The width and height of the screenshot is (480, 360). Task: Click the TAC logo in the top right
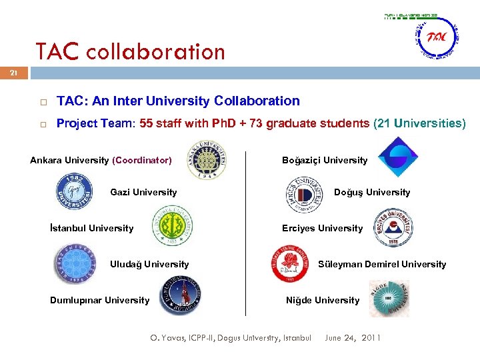(x=437, y=39)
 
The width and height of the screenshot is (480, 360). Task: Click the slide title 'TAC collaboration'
(x=130, y=51)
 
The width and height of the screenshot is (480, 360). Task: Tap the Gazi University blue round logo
(x=75, y=191)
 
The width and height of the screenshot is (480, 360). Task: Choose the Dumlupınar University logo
(x=179, y=298)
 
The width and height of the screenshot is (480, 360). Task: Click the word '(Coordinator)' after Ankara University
(x=142, y=160)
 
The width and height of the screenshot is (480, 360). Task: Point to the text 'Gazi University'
(x=143, y=193)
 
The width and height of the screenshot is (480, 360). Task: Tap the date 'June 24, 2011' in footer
(x=353, y=338)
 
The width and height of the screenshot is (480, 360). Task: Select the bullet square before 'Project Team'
(x=42, y=123)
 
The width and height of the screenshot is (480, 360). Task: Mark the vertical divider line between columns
(x=245, y=233)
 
